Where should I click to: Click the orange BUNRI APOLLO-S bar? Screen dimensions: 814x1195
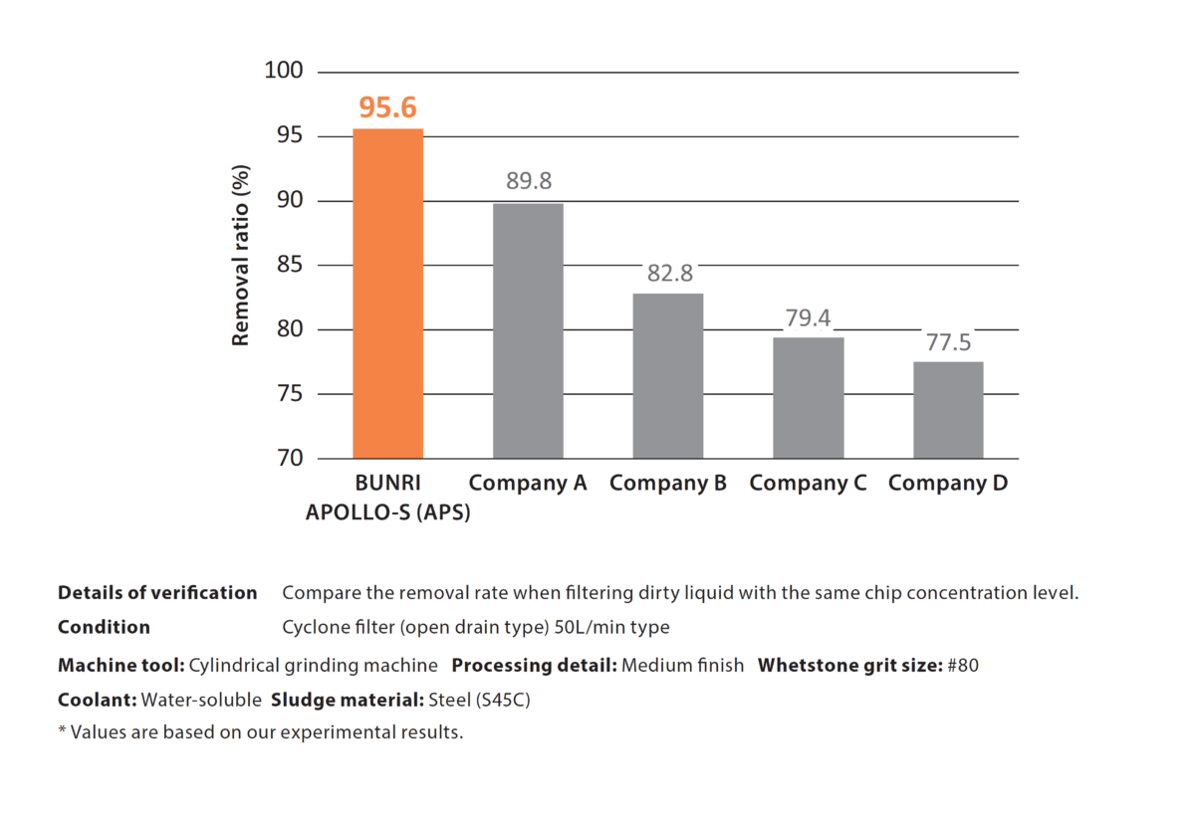(387, 294)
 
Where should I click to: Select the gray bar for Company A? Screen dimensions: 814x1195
(528, 330)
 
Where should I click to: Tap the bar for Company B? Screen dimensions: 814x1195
(668, 375)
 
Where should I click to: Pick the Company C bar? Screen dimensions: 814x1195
(809, 397)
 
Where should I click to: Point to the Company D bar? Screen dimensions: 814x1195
(948, 409)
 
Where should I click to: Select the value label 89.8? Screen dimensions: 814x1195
(529, 181)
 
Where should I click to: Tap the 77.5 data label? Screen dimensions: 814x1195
(949, 342)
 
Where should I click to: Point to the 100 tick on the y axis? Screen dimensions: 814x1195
(283, 72)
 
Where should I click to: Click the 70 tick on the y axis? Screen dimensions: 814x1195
(289, 459)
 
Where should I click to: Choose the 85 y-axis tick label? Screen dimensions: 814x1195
(289, 266)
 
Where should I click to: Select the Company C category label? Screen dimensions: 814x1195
(808, 484)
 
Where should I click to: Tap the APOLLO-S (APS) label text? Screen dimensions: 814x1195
(387, 512)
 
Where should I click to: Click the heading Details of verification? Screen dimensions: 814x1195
(157, 593)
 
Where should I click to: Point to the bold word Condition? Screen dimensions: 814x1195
(104, 628)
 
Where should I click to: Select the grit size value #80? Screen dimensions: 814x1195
(963, 666)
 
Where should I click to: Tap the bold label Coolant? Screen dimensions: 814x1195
(98, 700)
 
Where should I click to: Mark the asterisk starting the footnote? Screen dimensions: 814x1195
(62, 731)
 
